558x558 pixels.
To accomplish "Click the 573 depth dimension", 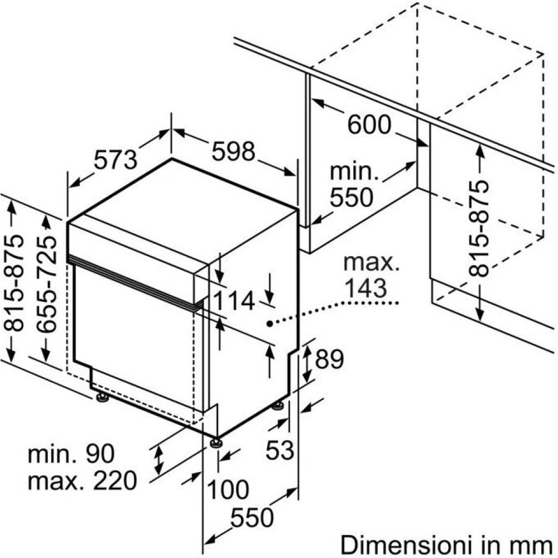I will (116, 161).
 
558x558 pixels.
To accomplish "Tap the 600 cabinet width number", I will (369, 125).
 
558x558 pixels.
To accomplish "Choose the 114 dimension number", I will (234, 301).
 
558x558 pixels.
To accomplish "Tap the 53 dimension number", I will (280, 450).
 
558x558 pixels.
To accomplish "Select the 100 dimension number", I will (228, 490).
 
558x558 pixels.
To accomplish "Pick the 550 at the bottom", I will (253, 518).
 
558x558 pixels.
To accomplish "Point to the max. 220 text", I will (82, 480).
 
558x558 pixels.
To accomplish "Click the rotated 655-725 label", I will (49, 285).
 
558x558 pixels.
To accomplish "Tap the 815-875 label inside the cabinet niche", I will (478, 228).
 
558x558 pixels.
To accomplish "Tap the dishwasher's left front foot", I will (102, 397).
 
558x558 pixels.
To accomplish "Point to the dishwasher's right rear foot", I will (278, 405).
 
